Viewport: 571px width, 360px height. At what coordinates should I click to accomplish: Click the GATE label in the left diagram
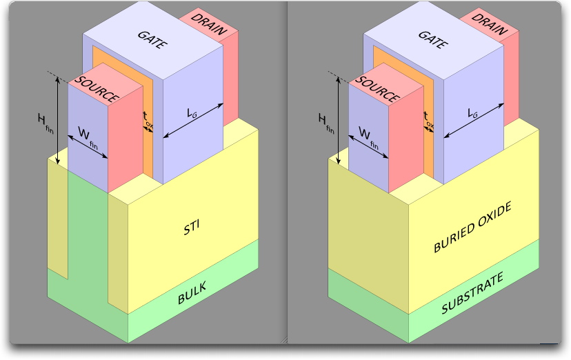click(152, 40)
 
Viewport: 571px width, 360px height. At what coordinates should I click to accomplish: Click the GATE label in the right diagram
click(433, 40)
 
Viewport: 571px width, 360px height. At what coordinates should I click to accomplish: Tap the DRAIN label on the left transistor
click(209, 24)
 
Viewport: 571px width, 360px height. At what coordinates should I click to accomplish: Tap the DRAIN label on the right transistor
click(489, 24)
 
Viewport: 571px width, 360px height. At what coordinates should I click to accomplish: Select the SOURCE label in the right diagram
click(378, 90)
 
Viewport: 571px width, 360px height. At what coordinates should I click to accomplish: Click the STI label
click(192, 228)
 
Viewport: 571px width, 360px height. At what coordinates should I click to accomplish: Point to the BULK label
click(192, 292)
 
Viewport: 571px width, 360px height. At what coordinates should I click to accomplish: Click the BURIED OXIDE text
click(472, 227)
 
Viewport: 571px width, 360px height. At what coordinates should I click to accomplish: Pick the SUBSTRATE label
click(472, 292)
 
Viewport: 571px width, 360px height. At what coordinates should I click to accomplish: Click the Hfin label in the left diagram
click(46, 123)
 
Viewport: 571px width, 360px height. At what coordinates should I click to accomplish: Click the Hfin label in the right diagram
click(326, 123)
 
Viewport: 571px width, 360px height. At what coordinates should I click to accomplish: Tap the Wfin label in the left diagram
click(88, 138)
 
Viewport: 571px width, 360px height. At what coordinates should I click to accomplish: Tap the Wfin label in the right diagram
click(368, 138)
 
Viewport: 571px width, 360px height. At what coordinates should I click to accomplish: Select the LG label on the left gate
click(192, 113)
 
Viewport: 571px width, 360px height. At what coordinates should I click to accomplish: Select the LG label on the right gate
click(472, 113)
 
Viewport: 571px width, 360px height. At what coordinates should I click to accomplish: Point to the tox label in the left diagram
click(148, 120)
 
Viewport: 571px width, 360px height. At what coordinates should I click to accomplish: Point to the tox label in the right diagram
click(429, 120)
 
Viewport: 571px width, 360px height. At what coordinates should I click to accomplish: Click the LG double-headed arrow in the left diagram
click(193, 121)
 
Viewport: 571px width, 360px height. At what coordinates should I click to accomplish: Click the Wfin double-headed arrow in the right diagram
click(368, 147)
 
